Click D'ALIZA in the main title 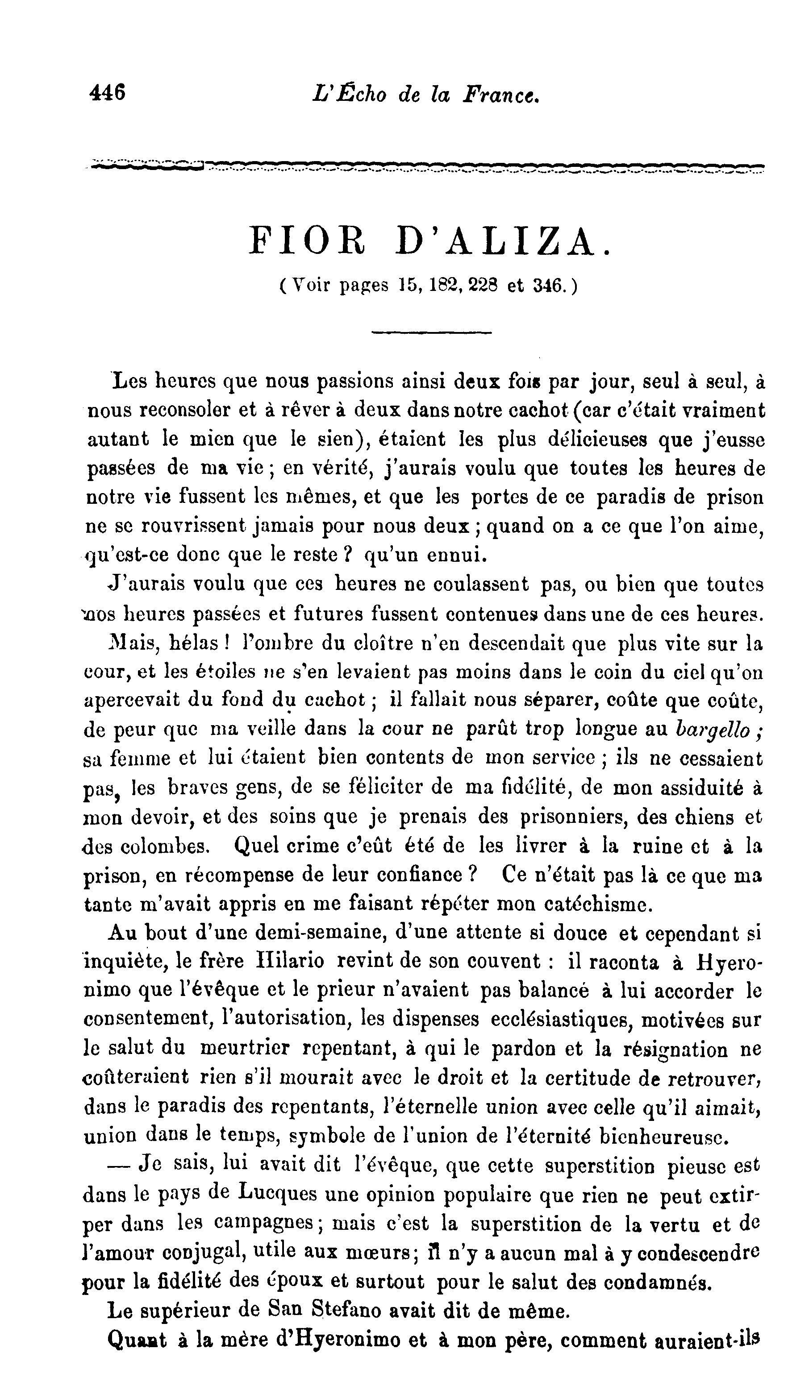coord(503,242)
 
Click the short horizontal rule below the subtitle coord(431,332)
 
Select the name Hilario coord(291,961)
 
